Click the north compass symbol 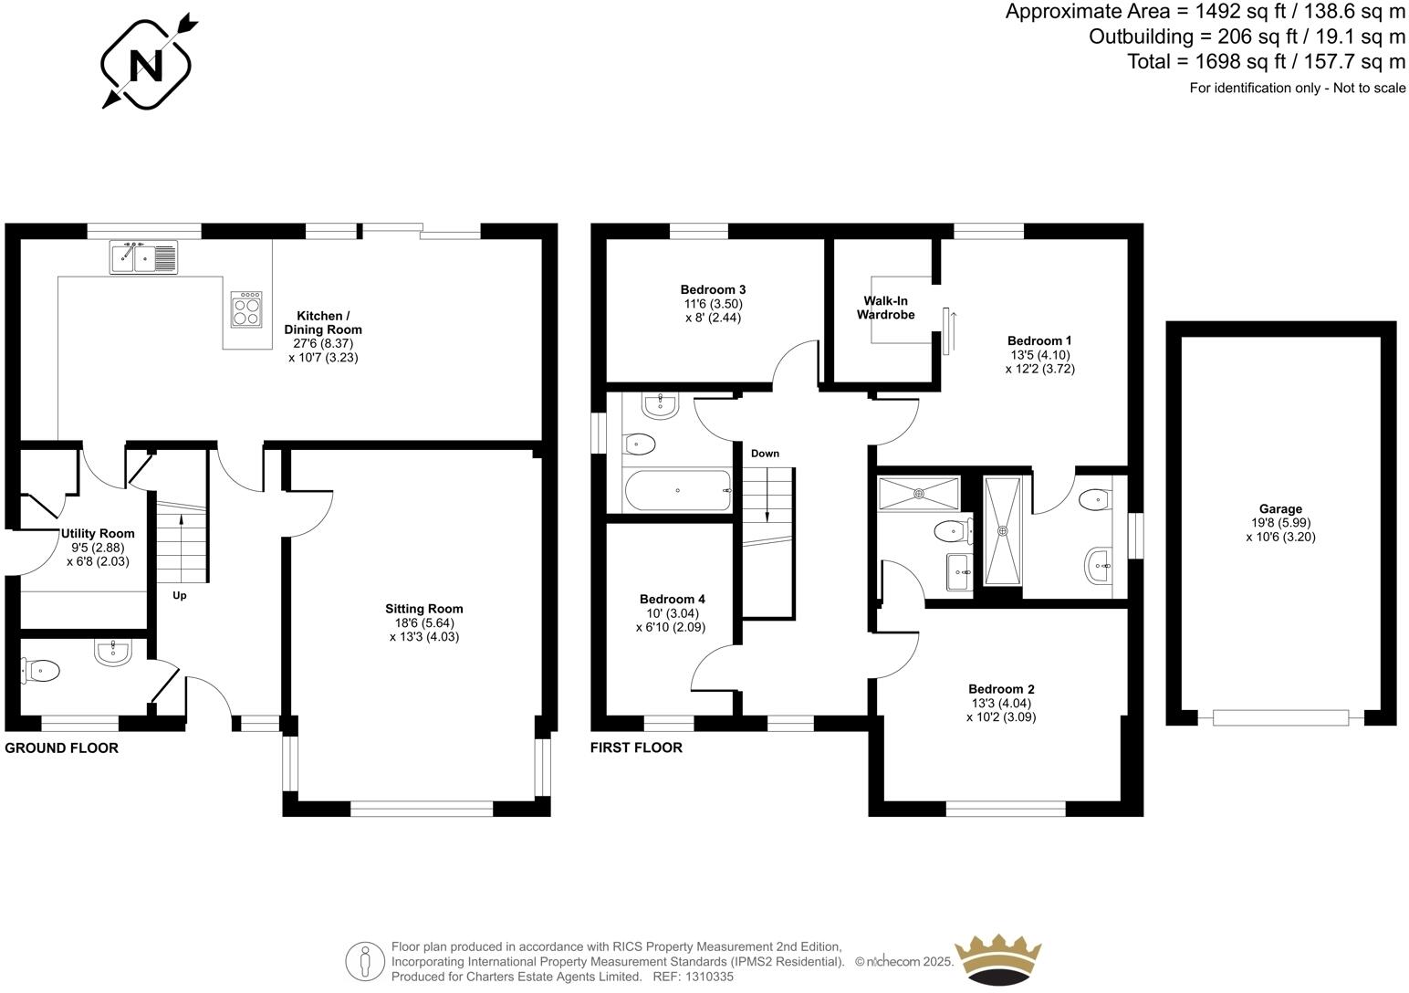pyautogui.click(x=146, y=61)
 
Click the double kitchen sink pyautogui.click(x=144, y=256)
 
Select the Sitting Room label pyautogui.click(x=423, y=609)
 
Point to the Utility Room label pyautogui.click(x=98, y=534)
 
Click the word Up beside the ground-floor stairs pyautogui.click(x=180, y=596)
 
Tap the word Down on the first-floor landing pyautogui.click(x=765, y=454)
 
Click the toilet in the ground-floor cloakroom pyautogui.click(x=40, y=672)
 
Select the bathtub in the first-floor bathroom pyautogui.click(x=678, y=491)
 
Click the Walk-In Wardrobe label pyautogui.click(x=885, y=308)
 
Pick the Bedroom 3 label pyautogui.click(x=713, y=289)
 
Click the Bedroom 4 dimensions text pyautogui.click(x=670, y=621)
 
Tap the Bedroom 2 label pyautogui.click(x=1001, y=689)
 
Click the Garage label pyautogui.click(x=1280, y=509)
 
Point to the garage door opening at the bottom pyautogui.click(x=1280, y=718)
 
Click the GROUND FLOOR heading pyautogui.click(x=61, y=748)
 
